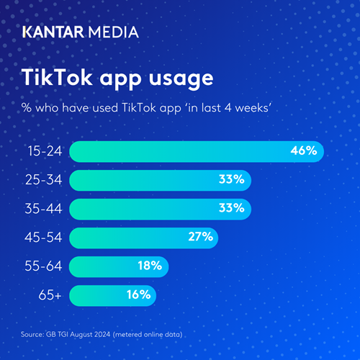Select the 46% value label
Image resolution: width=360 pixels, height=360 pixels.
[303, 151]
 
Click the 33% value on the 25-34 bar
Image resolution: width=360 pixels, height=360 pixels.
[231, 180]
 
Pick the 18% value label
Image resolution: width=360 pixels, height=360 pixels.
[150, 266]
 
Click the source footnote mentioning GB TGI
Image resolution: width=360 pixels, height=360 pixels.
[108, 336]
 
